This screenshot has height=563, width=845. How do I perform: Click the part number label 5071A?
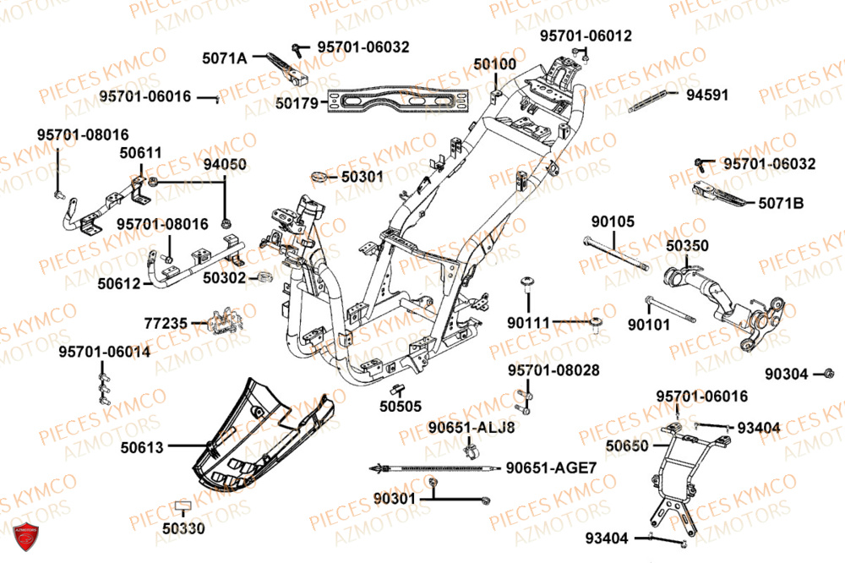pyautogui.click(x=224, y=58)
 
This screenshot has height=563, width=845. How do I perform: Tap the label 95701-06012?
pyautogui.click(x=586, y=36)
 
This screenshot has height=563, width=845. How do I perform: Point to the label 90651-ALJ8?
pyautogui.click(x=471, y=426)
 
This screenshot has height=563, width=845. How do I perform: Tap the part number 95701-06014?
pyautogui.click(x=105, y=351)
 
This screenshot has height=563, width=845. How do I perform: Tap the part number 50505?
pyautogui.click(x=400, y=406)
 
